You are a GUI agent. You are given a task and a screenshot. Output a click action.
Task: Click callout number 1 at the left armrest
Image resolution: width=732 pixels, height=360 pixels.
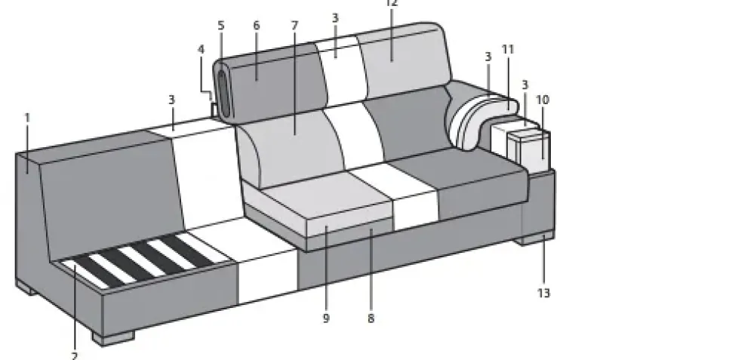[x=27, y=118]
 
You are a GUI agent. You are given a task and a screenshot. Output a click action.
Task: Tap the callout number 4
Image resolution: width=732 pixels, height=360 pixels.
[x=201, y=50]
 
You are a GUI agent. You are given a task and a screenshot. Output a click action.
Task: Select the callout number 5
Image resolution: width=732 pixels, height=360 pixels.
[x=221, y=26]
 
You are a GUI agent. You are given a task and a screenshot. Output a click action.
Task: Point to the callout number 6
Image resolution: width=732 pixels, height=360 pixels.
[x=257, y=26]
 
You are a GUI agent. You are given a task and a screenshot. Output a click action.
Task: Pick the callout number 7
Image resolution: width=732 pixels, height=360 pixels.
[x=294, y=26]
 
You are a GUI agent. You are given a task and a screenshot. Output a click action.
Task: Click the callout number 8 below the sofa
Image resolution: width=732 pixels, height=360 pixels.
[x=371, y=318]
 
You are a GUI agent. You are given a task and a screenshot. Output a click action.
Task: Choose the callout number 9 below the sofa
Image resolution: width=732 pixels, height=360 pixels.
[x=326, y=318]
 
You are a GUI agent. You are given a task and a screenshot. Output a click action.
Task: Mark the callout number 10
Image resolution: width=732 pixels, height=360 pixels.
[x=543, y=100]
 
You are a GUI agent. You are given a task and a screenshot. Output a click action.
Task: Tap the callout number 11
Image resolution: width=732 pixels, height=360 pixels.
[x=508, y=50]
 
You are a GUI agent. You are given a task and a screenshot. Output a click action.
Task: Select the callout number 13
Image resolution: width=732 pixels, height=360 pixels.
[x=543, y=292]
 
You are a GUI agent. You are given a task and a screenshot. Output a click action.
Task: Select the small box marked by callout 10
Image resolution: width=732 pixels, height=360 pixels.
[x=528, y=147]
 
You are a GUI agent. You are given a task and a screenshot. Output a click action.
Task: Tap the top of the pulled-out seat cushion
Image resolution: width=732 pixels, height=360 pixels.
[x=324, y=200]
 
